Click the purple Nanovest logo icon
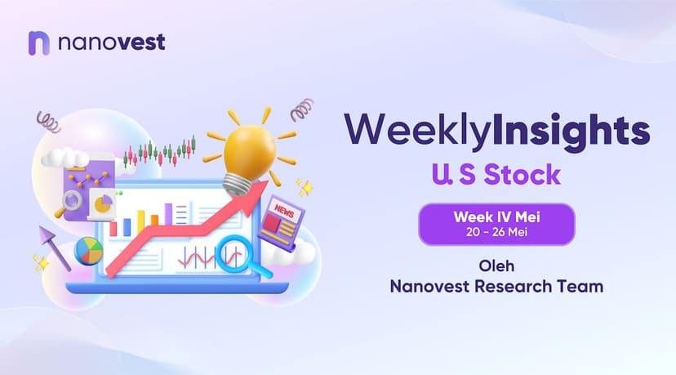[x=39, y=43]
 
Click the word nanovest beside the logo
[x=112, y=42]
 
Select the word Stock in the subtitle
[x=522, y=174]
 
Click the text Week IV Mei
[x=496, y=217]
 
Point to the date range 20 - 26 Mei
[x=496, y=232]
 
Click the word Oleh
[x=496, y=266]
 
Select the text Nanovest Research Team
[x=496, y=287]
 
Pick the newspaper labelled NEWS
[x=281, y=223]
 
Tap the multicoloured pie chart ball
[x=89, y=251]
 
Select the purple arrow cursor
[x=53, y=247]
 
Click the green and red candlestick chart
[x=160, y=152]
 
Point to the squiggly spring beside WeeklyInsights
[x=302, y=109]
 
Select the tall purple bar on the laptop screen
[x=168, y=214]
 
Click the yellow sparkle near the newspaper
[x=306, y=188]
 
